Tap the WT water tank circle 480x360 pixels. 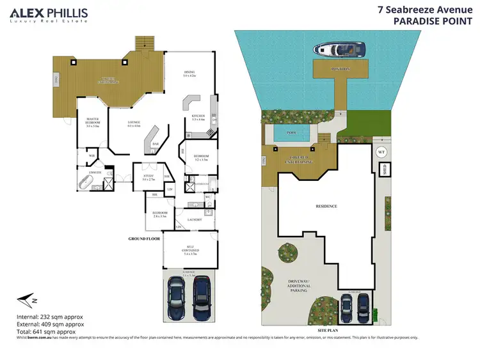[x=381, y=152]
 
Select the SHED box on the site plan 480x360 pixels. [x=385, y=169]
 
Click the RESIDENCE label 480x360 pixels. [x=326, y=207]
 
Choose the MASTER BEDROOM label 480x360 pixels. [x=92, y=121]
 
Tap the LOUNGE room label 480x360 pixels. [x=134, y=123]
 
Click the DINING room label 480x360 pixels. [x=188, y=74]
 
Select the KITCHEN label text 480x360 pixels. [x=198, y=117]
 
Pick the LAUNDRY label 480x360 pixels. [x=194, y=220]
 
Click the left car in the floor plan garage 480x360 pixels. [x=177, y=299]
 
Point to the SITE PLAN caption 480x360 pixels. [x=327, y=324]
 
